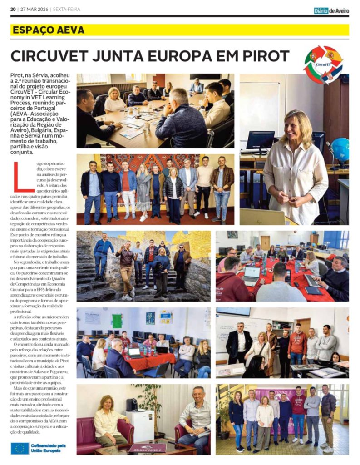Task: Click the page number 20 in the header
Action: [13, 10]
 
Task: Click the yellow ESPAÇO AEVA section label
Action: [49, 30]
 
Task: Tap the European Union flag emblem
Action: [20, 448]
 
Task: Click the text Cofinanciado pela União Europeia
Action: [49, 448]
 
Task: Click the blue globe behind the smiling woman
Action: [340, 150]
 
